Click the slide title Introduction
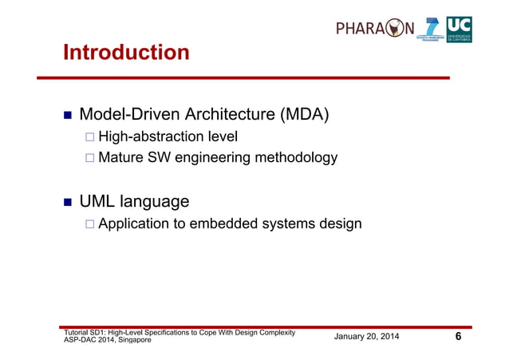pos(126,53)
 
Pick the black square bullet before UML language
pos(69,201)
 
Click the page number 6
pos(458,337)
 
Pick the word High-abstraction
pos(146,138)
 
